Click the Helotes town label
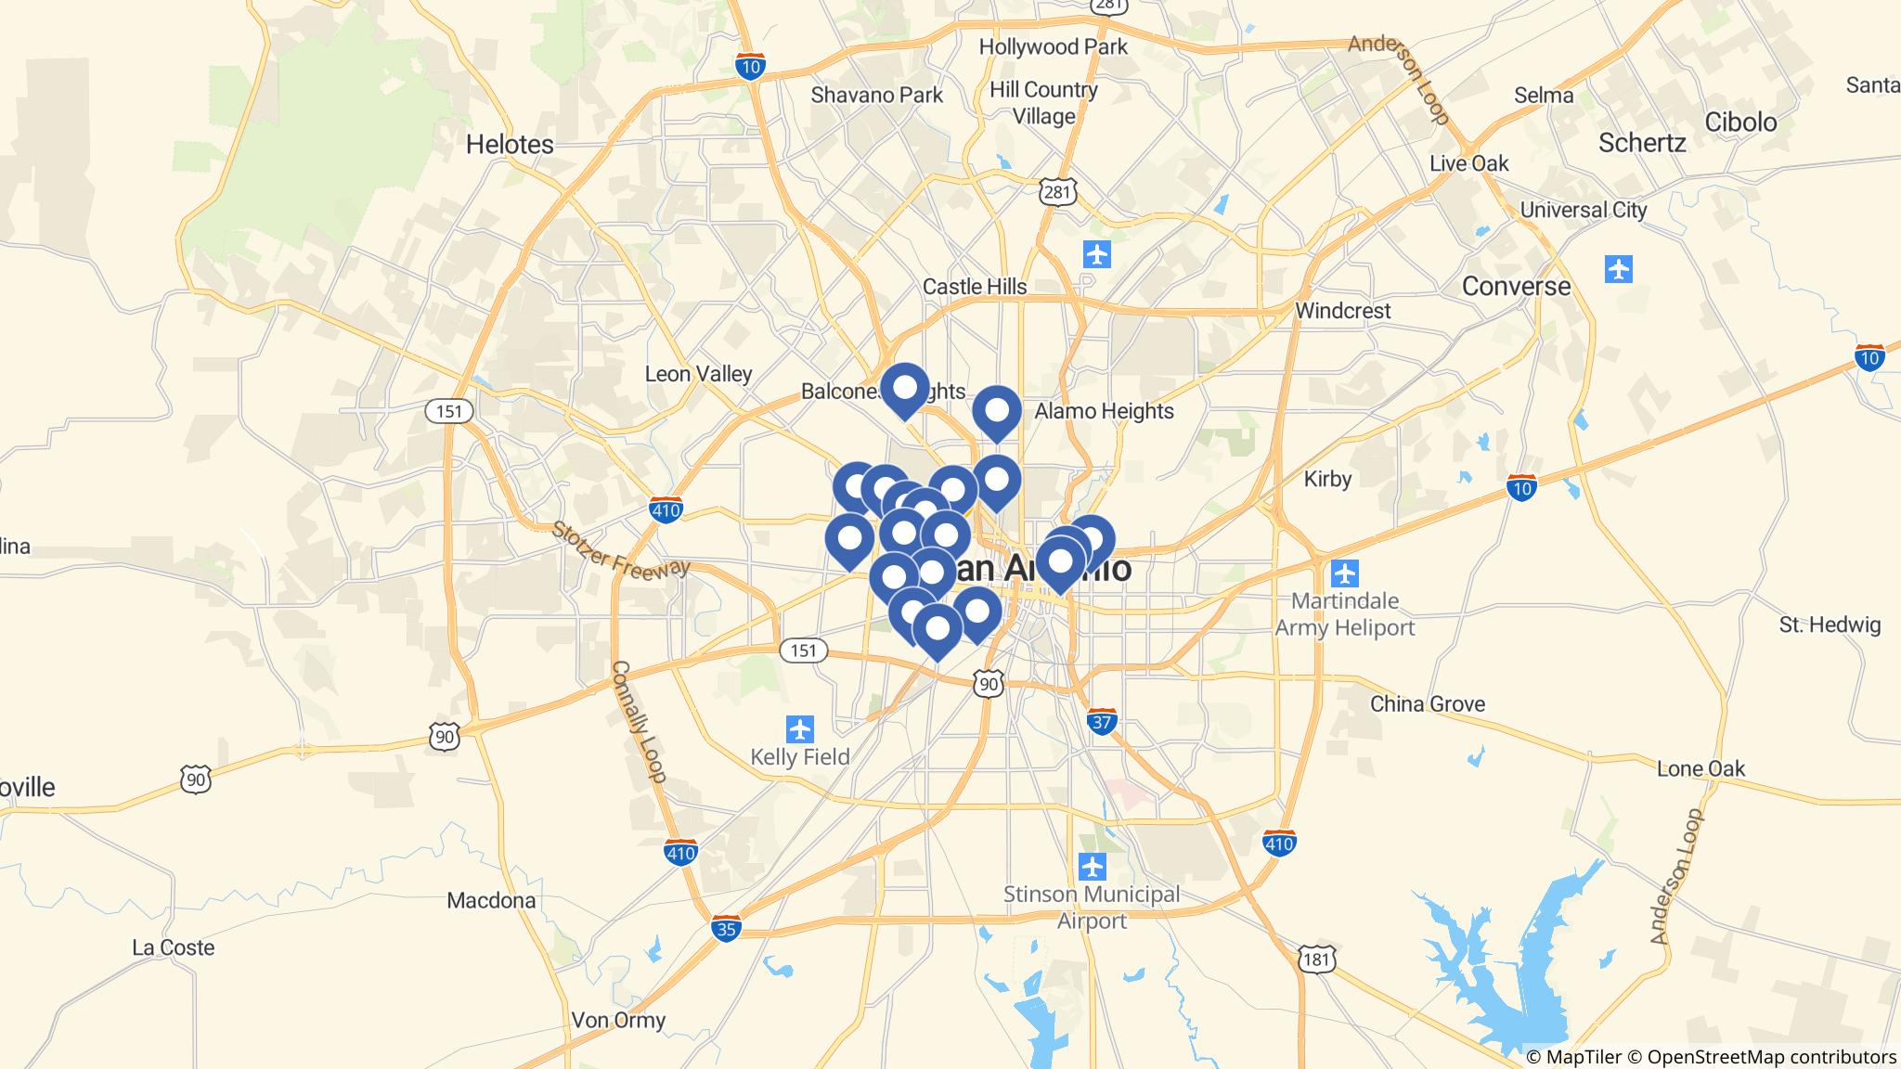[510, 145]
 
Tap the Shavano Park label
[876, 95]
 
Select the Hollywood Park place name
[1053, 46]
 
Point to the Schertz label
[1641, 143]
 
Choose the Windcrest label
[1342, 311]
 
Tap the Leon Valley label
[698, 374]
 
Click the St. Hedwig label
[1829, 625]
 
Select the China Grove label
[1427, 704]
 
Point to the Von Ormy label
[618, 1021]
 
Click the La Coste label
[173, 947]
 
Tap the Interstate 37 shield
[1101, 722]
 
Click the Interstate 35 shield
[727, 928]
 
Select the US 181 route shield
[1317, 959]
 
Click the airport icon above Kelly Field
[799, 728]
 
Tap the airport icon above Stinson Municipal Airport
[1093, 867]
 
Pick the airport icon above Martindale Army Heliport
[1343, 573]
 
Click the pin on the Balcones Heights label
[904, 389]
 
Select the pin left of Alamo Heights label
[996, 412]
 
